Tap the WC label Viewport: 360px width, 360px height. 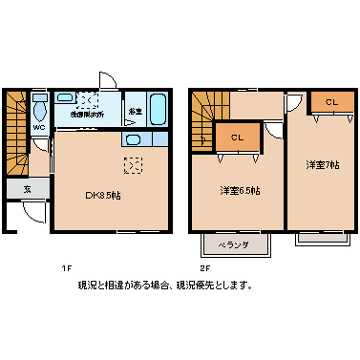[40, 126]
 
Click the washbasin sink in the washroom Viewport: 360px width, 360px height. [66, 97]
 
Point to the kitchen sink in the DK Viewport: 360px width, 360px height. [133, 141]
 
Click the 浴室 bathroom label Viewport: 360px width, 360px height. [136, 113]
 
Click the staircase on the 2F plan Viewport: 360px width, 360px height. [201, 119]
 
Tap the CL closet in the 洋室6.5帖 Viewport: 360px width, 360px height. [237, 138]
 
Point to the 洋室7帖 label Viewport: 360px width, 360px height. [322, 164]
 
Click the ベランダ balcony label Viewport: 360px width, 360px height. [234, 245]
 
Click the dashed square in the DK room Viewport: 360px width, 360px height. [134, 166]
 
